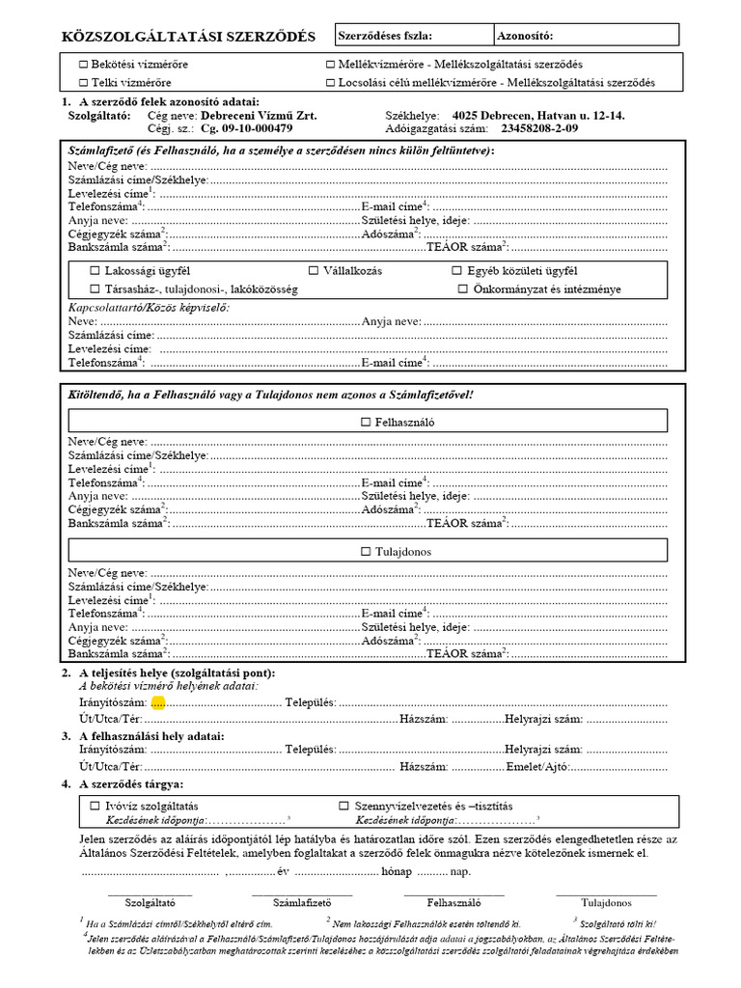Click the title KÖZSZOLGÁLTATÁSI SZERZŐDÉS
pyautogui.click(x=188, y=37)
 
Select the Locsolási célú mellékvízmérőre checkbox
pyautogui.click(x=330, y=83)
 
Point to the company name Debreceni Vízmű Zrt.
pyautogui.click(x=259, y=116)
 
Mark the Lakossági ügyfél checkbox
pyautogui.click(x=95, y=271)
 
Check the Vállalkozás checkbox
pyautogui.click(x=314, y=271)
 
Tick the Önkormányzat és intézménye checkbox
pyautogui.click(x=463, y=288)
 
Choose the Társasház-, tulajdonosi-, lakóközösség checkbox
pyautogui.click(x=95, y=288)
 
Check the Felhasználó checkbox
pyautogui.click(x=365, y=422)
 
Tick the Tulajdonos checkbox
pyautogui.click(x=365, y=552)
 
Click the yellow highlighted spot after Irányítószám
pyautogui.click(x=158, y=703)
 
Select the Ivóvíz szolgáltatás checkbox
pyautogui.click(x=95, y=805)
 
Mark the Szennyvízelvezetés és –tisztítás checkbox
pyautogui.click(x=343, y=805)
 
